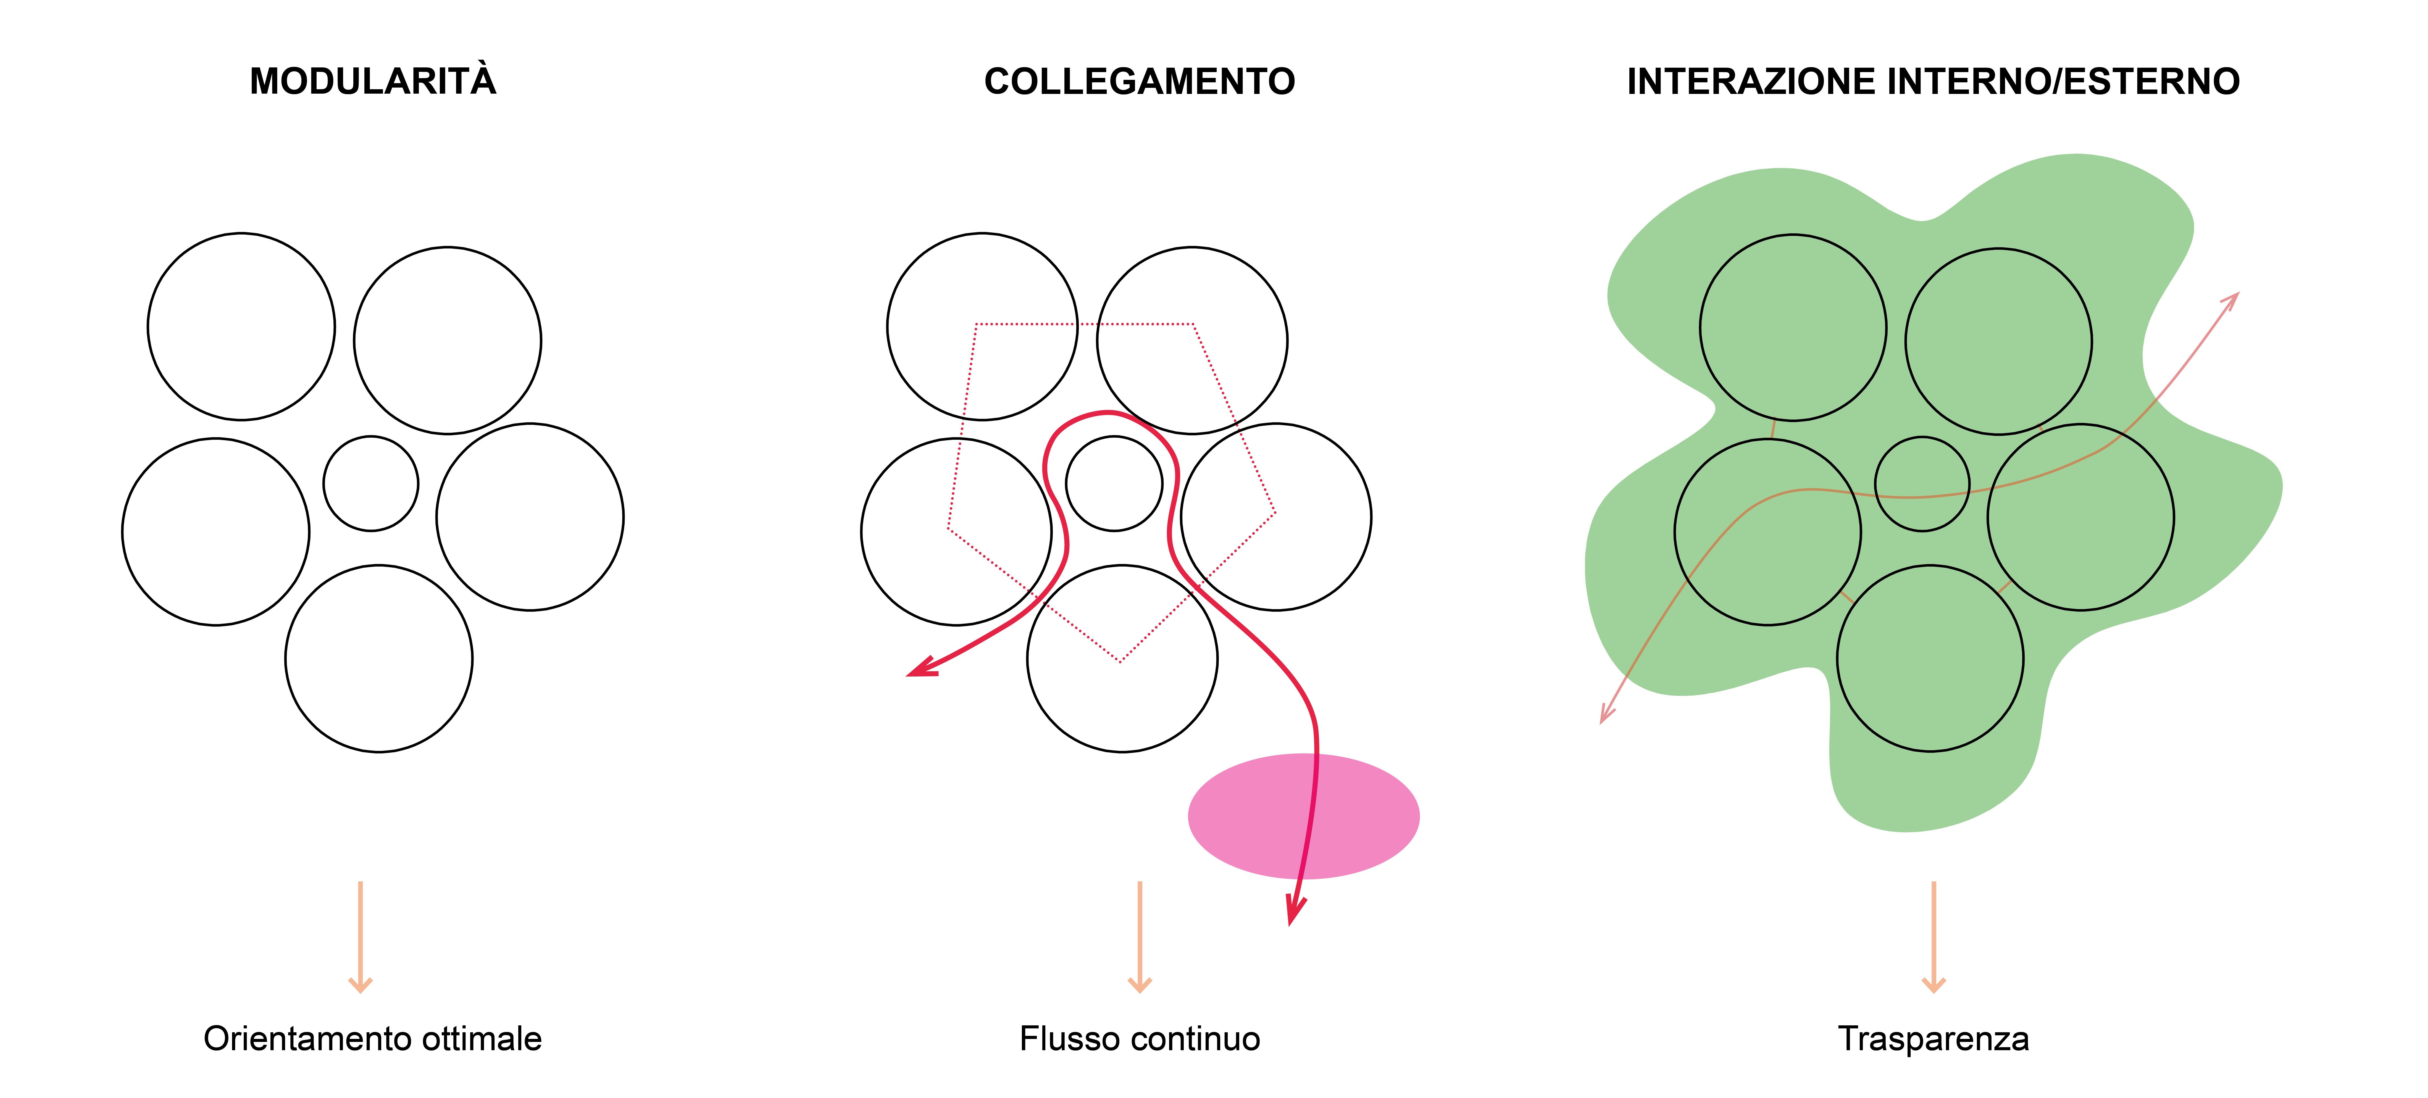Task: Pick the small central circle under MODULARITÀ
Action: coord(370,483)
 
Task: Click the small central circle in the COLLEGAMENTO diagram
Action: coord(1114,483)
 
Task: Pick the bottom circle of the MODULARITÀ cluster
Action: coord(379,659)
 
